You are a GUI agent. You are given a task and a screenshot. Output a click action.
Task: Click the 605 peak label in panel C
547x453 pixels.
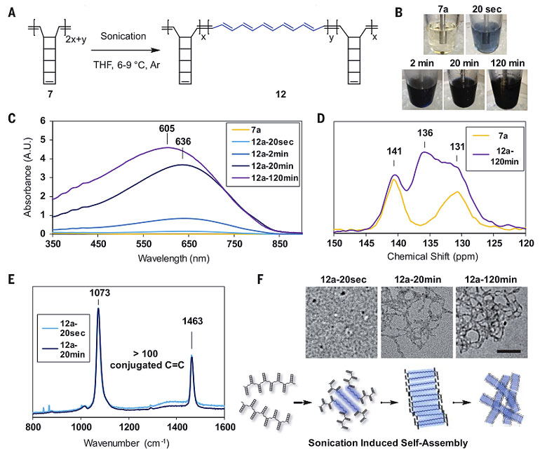click(167, 128)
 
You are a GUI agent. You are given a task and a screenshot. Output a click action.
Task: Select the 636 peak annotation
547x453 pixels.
click(183, 141)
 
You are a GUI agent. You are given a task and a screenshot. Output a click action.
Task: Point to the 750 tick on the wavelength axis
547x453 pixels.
click(234, 244)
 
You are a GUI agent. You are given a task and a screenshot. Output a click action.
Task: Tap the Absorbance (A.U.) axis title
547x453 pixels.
click(27, 177)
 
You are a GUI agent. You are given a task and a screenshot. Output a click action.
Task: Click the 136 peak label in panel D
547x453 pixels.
click(425, 133)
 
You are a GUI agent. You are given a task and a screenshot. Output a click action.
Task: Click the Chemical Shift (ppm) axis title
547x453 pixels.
click(433, 257)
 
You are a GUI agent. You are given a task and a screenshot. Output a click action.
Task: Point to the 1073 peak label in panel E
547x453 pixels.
click(99, 292)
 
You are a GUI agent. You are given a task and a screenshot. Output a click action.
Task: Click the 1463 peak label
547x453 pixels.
click(192, 321)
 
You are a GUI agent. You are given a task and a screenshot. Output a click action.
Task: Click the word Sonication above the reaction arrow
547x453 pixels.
click(123, 36)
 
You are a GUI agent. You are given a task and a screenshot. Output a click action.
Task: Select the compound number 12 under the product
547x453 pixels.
click(281, 95)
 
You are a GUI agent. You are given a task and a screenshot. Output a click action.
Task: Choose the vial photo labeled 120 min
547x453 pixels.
click(507, 90)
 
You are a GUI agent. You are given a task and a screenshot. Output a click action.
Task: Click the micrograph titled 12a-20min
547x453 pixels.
click(417, 323)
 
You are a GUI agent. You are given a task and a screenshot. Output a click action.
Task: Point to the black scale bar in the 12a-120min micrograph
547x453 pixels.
click(508, 351)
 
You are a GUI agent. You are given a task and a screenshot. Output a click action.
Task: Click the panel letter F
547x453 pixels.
click(260, 279)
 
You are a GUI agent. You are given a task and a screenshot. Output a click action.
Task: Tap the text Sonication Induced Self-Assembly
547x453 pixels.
click(388, 443)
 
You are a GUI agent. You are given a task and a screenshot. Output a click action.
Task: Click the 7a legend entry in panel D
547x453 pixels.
click(503, 135)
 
